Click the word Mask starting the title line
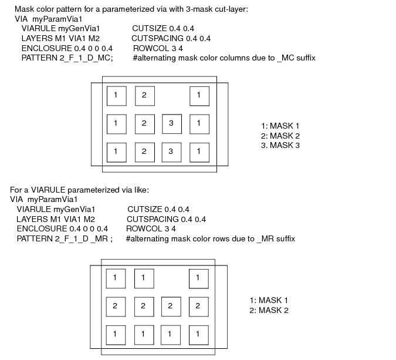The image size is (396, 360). [24, 9]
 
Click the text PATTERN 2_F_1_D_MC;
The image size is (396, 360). [67, 58]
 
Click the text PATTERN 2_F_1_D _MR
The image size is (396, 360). [62, 238]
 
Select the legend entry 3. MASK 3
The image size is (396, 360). [280, 146]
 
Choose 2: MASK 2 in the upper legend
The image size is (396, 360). [280, 136]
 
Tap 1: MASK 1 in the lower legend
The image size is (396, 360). [269, 300]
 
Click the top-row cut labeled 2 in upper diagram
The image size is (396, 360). [145, 96]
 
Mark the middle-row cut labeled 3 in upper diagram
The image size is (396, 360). [172, 124]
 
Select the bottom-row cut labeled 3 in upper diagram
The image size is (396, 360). [171, 152]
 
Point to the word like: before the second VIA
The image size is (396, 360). [141, 190]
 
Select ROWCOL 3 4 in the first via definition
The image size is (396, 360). [158, 48]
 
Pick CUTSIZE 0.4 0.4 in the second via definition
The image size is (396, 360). [158, 209]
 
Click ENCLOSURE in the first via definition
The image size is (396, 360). [47, 48]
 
